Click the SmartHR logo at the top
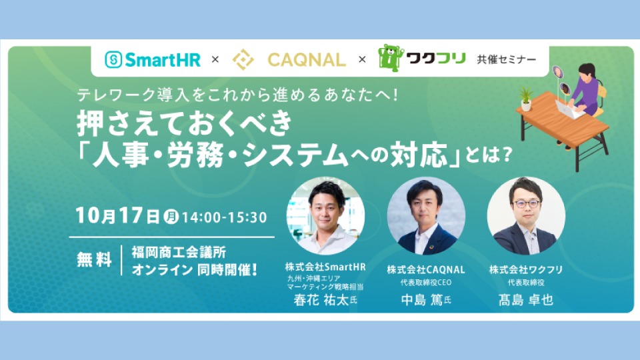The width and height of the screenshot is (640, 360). pyautogui.click(x=153, y=59)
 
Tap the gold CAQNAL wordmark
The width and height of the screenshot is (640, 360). pyautogui.click(x=307, y=60)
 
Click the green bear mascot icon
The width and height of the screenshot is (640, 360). pyautogui.click(x=391, y=58)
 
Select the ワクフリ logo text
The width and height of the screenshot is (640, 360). pyautogui.click(x=436, y=59)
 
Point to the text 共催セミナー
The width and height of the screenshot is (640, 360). pyautogui.click(x=507, y=59)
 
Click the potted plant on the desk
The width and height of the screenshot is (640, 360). pyautogui.click(x=526, y=99)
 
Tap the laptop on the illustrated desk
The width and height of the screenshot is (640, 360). pyautogui.click(x=569, y=109)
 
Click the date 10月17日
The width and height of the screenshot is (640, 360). pyautogui.click(x=117, y=215)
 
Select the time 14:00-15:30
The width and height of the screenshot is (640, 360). pyautogui.click(x=224, y=217)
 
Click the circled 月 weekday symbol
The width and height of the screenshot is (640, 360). pyautogui.click(x=171, y=216)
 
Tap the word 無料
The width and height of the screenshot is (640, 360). pyautogui.click(x=94, y=259)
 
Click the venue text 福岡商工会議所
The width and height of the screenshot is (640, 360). pyautogui.click(x=179, y=252)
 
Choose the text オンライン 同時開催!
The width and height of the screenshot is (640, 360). pyautogui.click(x=195, y=269)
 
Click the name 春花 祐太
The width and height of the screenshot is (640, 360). pyautogui.click(x=321, y=300)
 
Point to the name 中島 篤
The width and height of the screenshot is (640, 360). pyautogui.click(x=421, y=300)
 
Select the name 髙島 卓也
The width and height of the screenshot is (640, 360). pyautogui.click(x=526, y=300)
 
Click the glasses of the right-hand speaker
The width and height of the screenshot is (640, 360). pyautogui.click(x=526, y=204)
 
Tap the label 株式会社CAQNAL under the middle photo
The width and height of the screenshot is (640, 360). pyautogui.click(x=426, y=269)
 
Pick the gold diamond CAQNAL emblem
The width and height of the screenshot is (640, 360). pyautogui.click(x=243, y=59)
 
